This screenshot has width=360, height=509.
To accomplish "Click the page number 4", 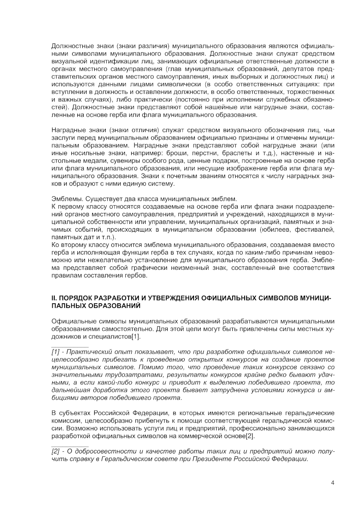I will point(332,483).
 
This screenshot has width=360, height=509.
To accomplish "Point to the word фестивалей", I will point(314,229).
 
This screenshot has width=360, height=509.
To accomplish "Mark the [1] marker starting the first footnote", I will point(56,352).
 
